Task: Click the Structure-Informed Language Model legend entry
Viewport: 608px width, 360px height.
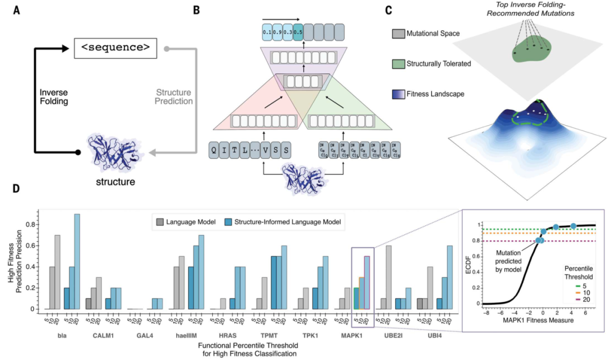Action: tap(279, 223)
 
